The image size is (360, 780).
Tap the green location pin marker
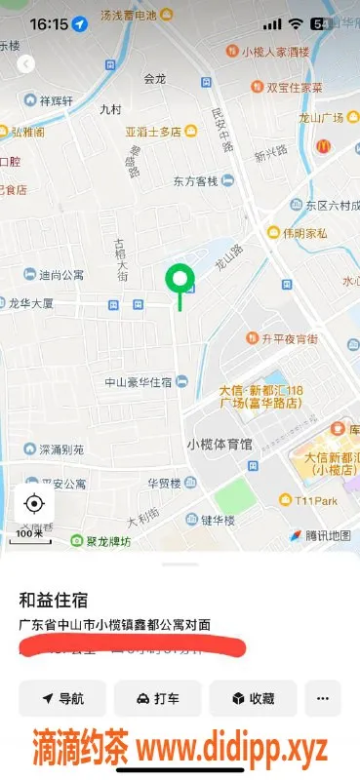tap(179, 281)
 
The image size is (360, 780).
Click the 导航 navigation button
tap(61, 698)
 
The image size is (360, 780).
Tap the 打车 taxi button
tap(157, 698)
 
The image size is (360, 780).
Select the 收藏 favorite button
tap(253, 698)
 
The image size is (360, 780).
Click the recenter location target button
tap(34, 503)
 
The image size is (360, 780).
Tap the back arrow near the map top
tap(26, 63)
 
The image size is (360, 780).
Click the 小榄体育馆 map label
tap(219, 444)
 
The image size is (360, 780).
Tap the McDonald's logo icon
tap(323, 146)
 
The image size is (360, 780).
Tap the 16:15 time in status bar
tap(48, 22)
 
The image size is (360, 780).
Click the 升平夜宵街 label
tap(289, 339)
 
